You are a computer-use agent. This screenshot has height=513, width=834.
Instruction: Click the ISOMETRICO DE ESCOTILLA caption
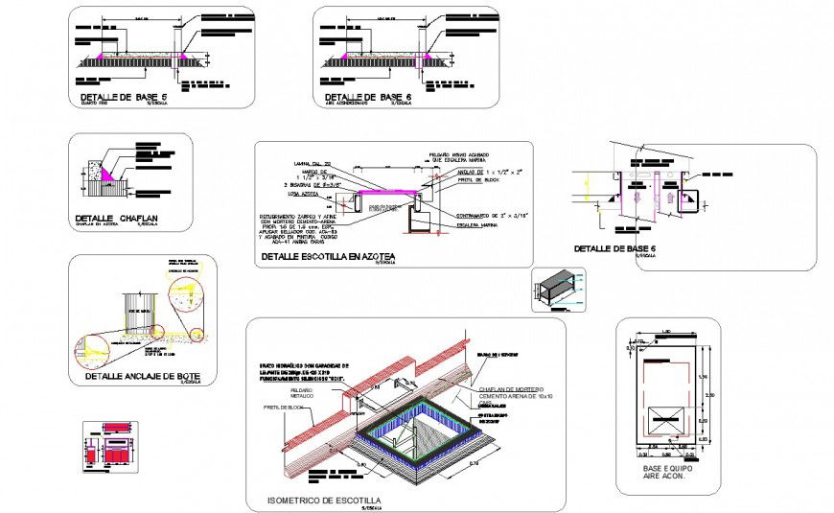pyautogui.click(x=326, y=501)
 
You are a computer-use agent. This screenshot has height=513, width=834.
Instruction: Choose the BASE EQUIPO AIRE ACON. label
pyautogui.click(x=669, y=473)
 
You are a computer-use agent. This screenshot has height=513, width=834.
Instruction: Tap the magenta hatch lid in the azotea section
pyautogui.click(x=387, y=193)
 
